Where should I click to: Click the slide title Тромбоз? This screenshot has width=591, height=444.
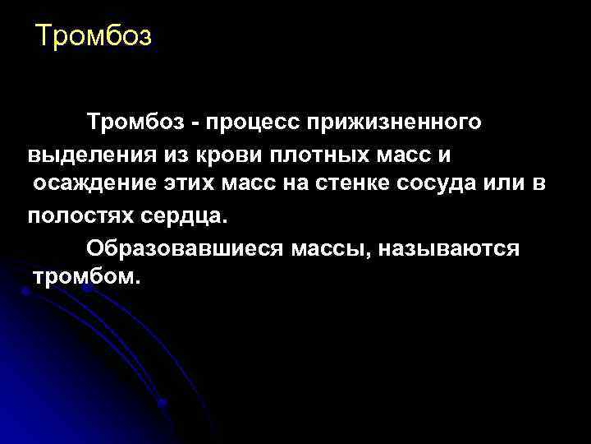tap(94, 37)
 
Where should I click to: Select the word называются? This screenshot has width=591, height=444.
tap(455, 247)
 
